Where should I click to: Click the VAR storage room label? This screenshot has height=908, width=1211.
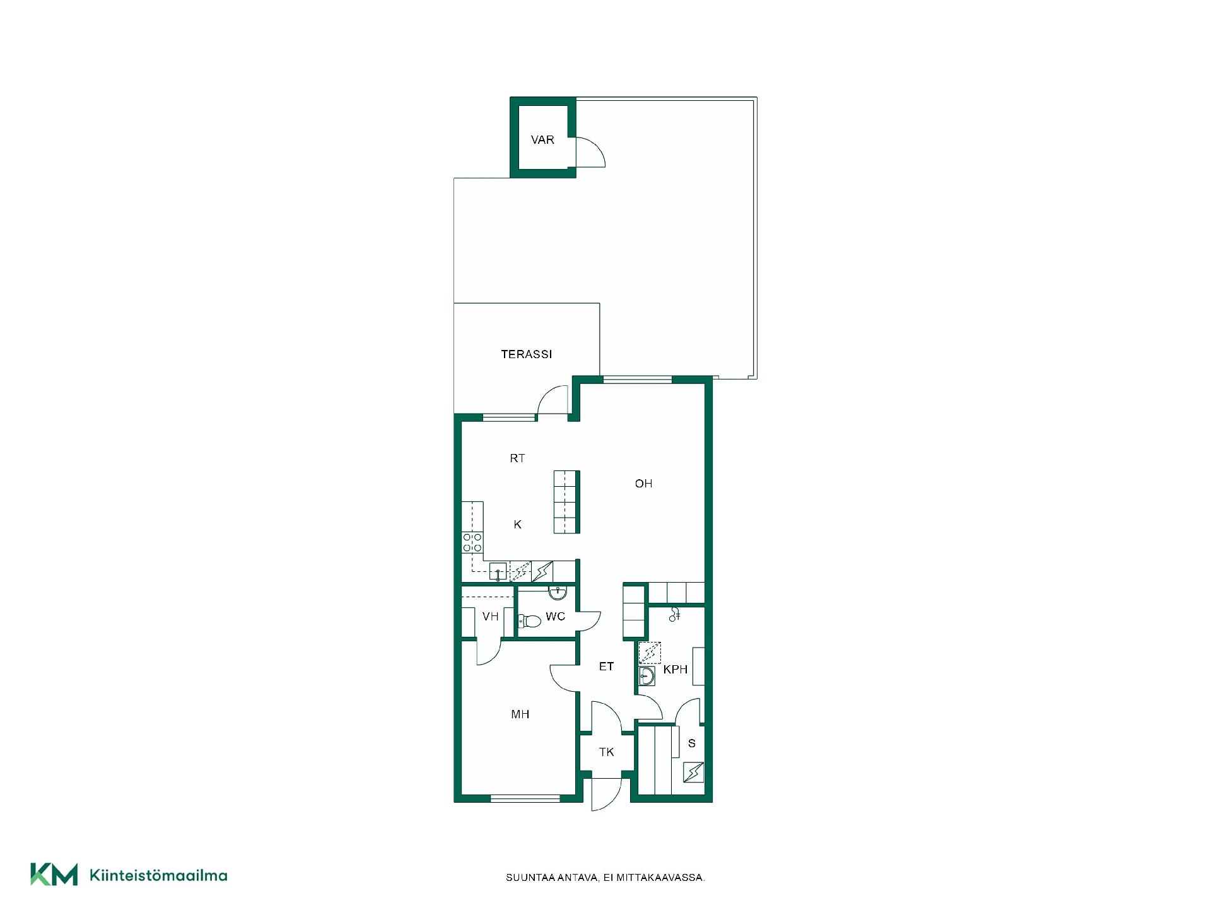click(542, 140)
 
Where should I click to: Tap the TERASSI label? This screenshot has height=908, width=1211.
click(526, 354)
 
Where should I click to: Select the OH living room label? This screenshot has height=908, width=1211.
click(643, 484)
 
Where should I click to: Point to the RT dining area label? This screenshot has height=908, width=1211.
click(517, 458)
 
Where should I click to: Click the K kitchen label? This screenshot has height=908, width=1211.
click(517, 525)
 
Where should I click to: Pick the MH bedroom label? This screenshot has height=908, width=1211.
click(520, 714)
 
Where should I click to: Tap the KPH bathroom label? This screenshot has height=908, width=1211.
click(675, 670)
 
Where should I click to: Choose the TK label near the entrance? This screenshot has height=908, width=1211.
click(606, 752)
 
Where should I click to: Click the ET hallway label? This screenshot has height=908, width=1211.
click(606, 666)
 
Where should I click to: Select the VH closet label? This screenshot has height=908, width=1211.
click(490, 617)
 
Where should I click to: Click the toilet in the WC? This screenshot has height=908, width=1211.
click(529, 622)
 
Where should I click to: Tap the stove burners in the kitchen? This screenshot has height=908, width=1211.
click(472, 543)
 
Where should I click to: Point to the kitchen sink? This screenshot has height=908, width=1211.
click(498, 572)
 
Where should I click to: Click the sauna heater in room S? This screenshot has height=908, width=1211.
click(693, 772)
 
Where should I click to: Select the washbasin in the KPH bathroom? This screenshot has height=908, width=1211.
click(646, 677)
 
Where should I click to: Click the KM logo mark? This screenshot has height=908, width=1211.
click(54, 875)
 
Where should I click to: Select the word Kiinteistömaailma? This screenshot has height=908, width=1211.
click(159, 875)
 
